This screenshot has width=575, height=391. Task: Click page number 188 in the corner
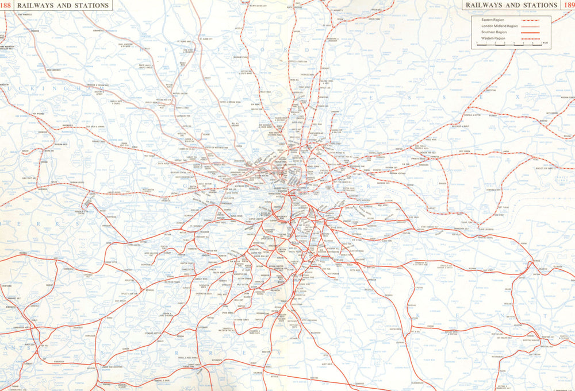coord(6,5)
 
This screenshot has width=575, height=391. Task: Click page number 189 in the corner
coord(568,5)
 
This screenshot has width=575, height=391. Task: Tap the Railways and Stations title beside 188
coord(63,5)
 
